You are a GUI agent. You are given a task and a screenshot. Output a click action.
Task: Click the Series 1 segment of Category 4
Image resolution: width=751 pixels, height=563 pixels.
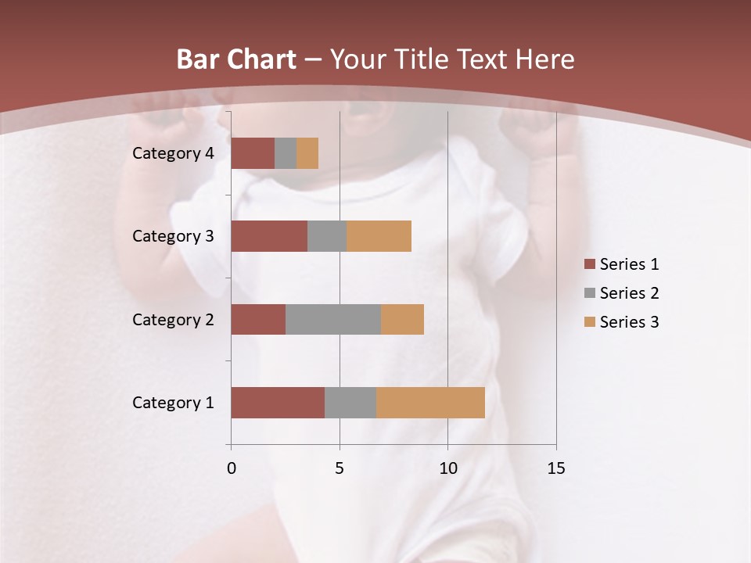pos(253,153)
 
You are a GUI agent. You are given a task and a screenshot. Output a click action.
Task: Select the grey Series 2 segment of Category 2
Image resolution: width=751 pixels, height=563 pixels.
pos(333,319)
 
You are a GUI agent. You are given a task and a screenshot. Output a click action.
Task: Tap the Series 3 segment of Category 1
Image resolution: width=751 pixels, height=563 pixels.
pos(430,403)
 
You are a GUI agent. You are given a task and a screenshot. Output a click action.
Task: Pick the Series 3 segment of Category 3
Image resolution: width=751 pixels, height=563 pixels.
pos(379,236)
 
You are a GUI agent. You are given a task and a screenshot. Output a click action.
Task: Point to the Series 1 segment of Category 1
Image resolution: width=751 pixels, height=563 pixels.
pos(278,403)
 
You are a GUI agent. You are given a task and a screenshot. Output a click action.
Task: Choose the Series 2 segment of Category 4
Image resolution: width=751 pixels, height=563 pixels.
pos(286,153)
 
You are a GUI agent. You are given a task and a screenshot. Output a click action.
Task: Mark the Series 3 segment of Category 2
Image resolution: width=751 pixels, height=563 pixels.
pos(402,319)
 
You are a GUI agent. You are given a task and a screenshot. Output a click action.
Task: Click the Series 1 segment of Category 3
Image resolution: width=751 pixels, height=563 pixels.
pos(269,236)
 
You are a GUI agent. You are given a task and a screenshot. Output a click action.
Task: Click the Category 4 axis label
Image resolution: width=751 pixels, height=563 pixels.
pos(173,153)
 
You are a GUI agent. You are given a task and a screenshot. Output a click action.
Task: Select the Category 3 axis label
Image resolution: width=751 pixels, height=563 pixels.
pos(173,236)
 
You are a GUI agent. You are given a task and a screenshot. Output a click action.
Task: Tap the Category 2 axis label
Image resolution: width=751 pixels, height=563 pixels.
pos(173,319)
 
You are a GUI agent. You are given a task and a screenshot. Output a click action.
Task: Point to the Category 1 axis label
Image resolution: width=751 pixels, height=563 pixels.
pos(173,403)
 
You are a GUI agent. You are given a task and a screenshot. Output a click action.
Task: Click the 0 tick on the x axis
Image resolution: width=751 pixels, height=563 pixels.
pos(231,468)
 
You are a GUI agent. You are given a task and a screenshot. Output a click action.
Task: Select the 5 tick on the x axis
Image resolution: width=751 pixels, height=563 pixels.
pos(340,468)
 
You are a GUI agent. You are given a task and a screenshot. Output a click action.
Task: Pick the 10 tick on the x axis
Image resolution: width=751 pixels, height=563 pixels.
pos(447,468)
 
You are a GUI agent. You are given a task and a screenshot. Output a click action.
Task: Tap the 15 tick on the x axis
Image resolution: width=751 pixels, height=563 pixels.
pos(555,468)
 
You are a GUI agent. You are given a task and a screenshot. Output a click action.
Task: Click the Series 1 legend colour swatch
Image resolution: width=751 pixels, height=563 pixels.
pos(589,264)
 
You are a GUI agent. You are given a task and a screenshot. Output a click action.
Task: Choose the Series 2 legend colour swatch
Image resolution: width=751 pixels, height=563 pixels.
pos(589,293)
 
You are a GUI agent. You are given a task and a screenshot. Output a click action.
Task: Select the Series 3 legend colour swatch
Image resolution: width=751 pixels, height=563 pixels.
pos(589,322)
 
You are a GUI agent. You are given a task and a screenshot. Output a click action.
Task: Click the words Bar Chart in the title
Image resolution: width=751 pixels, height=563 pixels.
pos(235,59)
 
